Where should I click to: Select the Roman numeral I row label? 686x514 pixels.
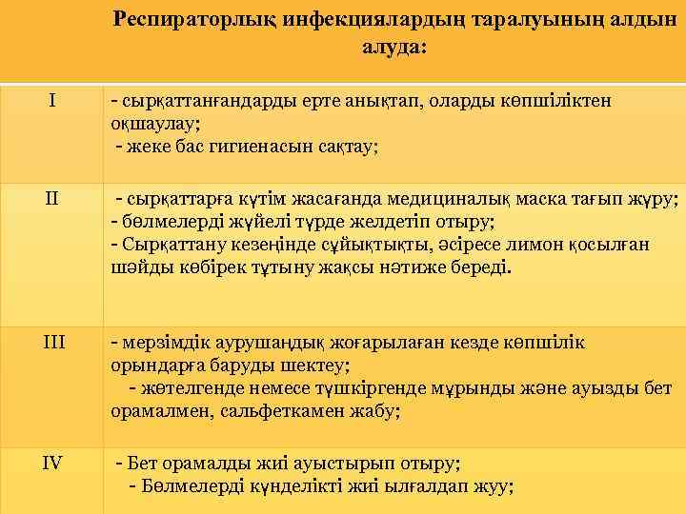(x=52, y=99)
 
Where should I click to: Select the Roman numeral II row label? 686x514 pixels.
(x=52, y=200)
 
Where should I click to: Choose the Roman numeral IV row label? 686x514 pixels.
(x=52, y=464)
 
